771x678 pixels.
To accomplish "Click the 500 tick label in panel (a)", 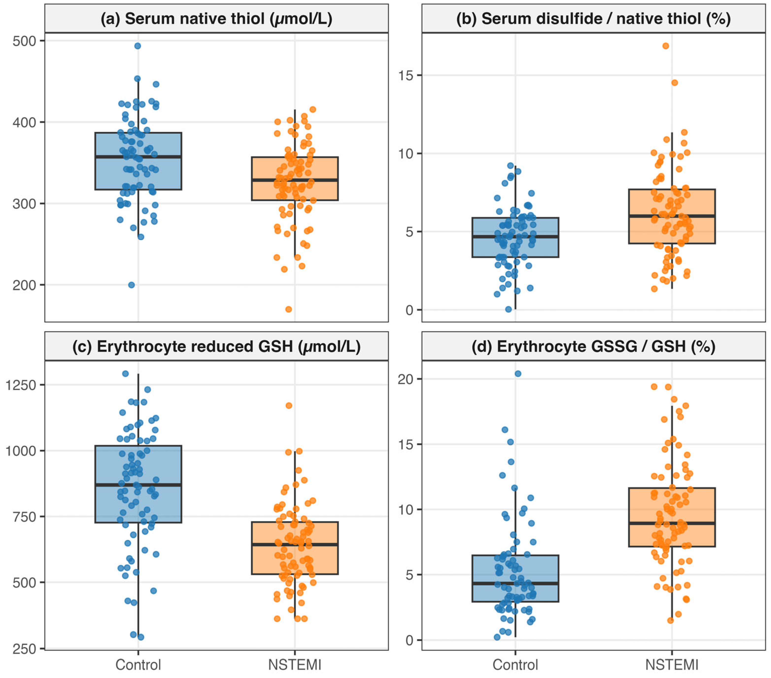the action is coord(24,41).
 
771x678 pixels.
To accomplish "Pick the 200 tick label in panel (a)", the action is coord(24,285).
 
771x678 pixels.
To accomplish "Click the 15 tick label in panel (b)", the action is coord(406,75).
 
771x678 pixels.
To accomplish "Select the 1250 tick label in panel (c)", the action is coord(20,385).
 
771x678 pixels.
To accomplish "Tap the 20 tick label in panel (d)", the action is coord(406,379).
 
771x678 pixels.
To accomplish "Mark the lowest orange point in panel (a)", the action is coord(289,309).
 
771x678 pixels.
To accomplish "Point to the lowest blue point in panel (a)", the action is coord(131,285).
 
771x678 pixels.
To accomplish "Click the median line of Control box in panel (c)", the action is coord(138,485).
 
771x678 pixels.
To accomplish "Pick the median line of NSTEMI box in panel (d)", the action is coord(672,523).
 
